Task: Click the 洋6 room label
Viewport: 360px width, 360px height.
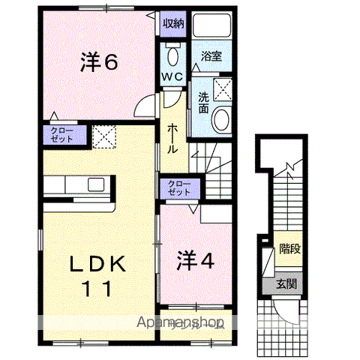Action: (99, 63)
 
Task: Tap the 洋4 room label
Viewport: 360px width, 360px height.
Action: (196, 260)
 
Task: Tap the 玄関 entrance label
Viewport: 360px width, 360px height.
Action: (285, 283)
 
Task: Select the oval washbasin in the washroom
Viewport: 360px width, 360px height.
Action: (221, 119)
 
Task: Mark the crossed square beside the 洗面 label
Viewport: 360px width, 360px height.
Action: (222, 89)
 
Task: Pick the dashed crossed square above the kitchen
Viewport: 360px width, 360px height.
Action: (103, 136)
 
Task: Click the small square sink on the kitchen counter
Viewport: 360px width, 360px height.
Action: (97, 184)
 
